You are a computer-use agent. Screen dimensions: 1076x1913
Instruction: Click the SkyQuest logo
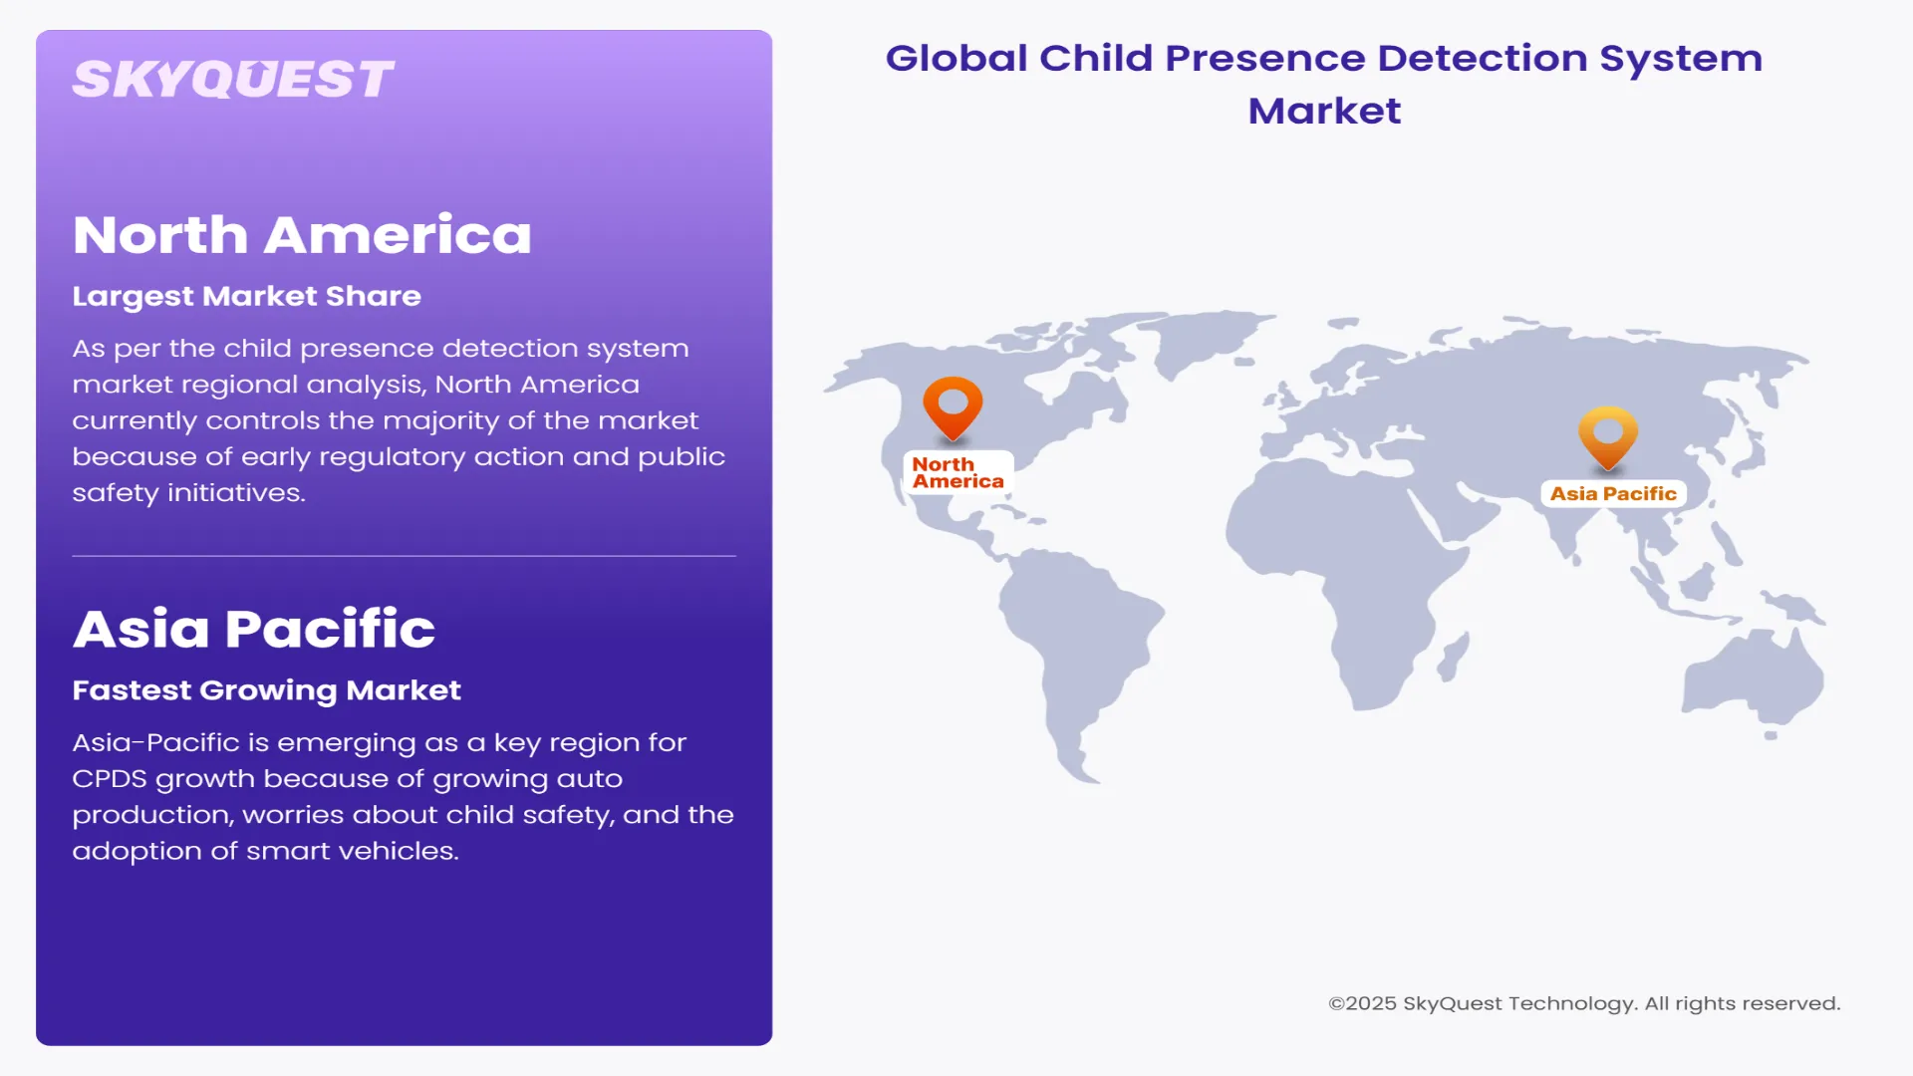pyautogui.click(x=233, y=80)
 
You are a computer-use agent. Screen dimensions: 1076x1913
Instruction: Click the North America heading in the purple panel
pyautogui.click(x=302, y=235)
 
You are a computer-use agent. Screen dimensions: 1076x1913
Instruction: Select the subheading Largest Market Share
pyautogui.click(x=246, y=296)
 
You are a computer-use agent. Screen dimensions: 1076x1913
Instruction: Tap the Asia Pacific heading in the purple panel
pyautogui.click(x=254, y=629)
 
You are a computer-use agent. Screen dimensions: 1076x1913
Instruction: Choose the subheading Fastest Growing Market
pyautogui.click(x=266, y=690)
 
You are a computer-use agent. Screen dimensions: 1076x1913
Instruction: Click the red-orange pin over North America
pyautogui.click(x=953, y=403)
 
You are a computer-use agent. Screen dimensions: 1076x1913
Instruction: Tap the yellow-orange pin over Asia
pyautogui.click(x=1608, y=433)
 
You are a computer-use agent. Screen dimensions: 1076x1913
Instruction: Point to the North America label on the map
pyautogui.click(x=957, y=473)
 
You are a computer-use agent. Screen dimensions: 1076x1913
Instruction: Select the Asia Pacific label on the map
pyautogui.click(x=1613, y=494)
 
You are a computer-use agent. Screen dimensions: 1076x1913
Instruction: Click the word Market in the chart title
pyautogui.click(x=1324, y=111)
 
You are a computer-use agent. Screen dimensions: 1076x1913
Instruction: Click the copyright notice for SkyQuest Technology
pyautogui.click(x=1584, y=1003)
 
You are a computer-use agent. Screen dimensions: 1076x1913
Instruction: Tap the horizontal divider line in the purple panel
pyautogui.click(x=404, y=556)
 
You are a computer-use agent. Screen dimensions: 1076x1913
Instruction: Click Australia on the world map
pyautogui.click(x=1754, y=677)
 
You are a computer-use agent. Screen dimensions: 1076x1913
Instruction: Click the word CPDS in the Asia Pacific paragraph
pyautogui.click(x=109, y=779)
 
